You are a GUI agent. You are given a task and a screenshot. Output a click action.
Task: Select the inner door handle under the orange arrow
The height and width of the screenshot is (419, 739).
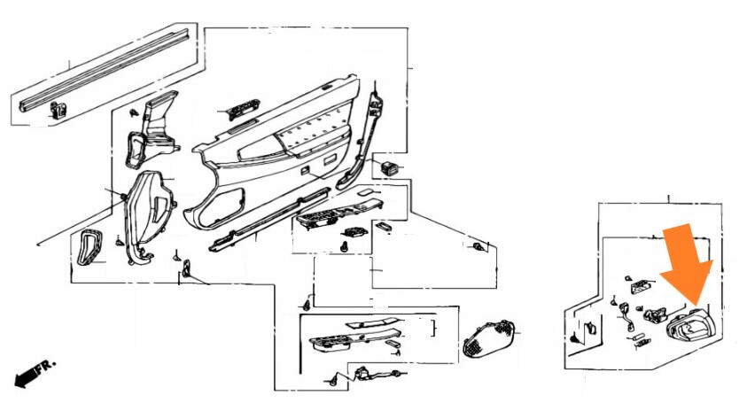click(690, 324)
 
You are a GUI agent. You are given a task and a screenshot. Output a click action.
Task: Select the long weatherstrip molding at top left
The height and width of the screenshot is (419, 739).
click(104, 71)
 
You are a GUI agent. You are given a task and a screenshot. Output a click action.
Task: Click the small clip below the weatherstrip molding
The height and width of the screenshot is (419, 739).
click(58, 111)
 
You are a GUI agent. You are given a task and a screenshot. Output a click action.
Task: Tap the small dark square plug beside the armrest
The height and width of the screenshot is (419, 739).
click(390, 167)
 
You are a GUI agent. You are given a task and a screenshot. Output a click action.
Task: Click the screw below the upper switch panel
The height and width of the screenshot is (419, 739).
click(345, 246)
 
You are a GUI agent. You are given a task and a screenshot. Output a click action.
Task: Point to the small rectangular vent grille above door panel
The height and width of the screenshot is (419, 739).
click(243, 109)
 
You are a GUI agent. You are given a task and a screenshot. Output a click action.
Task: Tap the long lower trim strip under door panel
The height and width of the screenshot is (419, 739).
click(269, 220)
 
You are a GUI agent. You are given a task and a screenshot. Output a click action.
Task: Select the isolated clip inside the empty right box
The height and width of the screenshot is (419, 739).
click(478, 246)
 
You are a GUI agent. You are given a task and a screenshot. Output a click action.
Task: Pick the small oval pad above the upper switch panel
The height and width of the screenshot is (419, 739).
click(366, 192)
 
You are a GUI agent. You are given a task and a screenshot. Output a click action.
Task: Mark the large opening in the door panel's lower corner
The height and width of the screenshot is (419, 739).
click(222, 206)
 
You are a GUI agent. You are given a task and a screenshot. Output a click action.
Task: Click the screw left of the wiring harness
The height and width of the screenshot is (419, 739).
click(334, 381)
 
